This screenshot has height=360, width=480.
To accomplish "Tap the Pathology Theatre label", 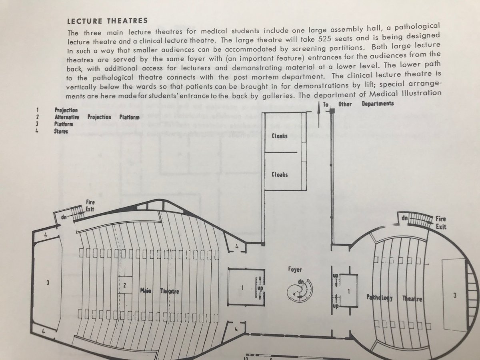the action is pos(395,298).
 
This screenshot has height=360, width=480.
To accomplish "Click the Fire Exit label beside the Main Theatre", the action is pos(90,206).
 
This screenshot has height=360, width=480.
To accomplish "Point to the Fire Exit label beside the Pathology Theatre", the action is pos(440,223).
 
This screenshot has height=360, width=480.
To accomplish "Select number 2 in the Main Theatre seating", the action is pos(125,285).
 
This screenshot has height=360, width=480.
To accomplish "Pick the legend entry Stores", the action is pos(62,131).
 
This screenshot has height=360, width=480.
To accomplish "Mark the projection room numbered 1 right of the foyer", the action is pos(348,292).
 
